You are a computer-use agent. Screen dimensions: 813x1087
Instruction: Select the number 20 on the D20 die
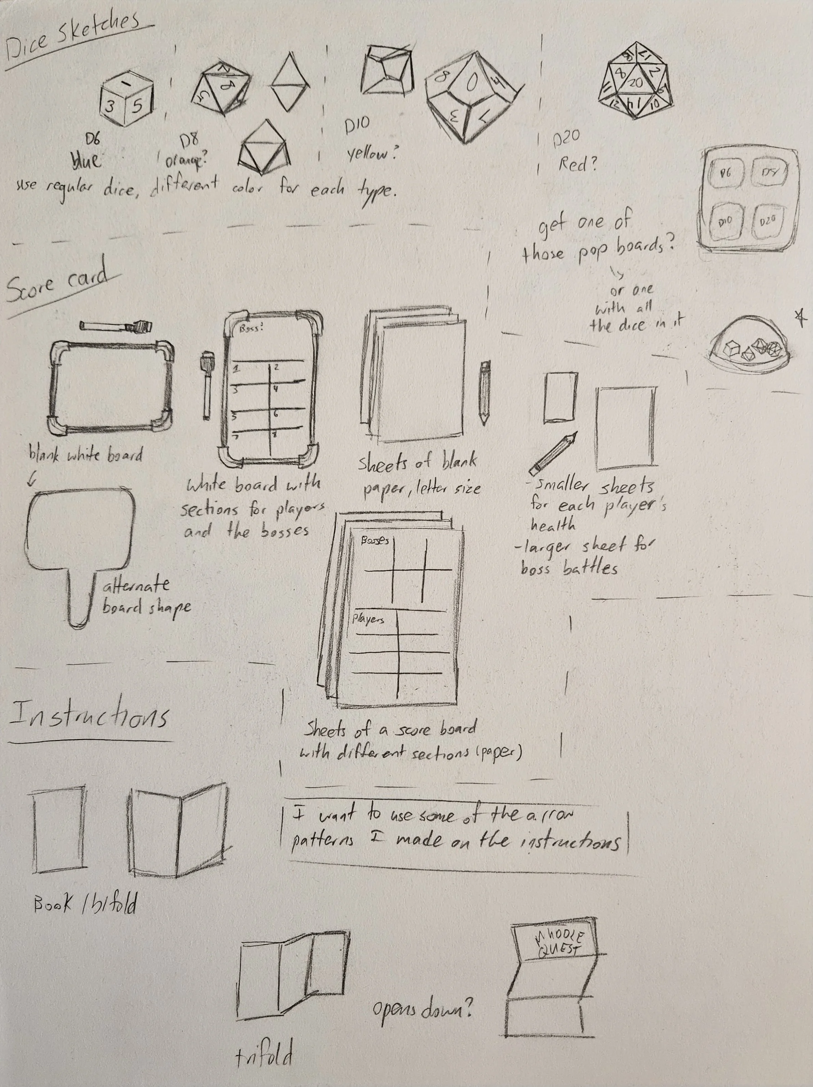(635, 83)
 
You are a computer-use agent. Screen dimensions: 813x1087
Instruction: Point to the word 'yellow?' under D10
(371, 154)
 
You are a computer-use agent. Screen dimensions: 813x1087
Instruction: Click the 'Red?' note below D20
(578, 165)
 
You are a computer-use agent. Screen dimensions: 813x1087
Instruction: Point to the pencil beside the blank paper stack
(485, 393)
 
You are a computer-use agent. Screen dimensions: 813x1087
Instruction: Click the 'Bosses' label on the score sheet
(374, 540)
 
